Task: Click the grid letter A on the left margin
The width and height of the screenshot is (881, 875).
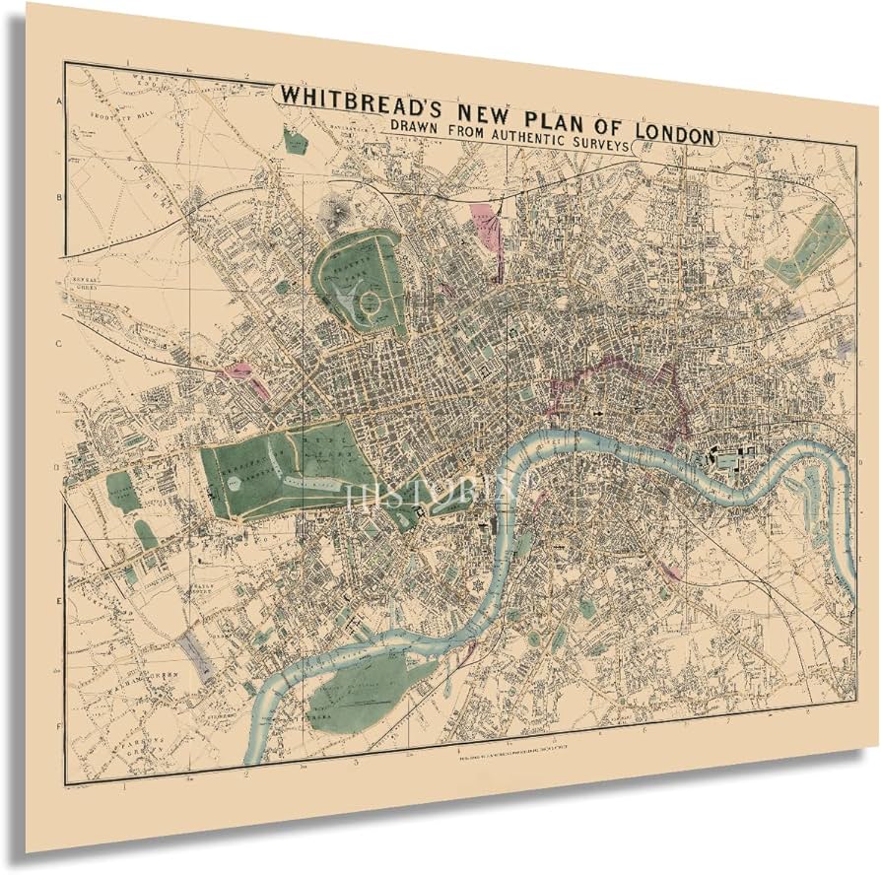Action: pyautogui.click(x=60, y=101)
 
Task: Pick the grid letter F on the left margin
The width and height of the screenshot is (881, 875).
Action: pyautogui.click(x=60, y=726)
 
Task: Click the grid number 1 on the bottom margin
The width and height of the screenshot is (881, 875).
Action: pyautogui.click(x=125, y=785)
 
